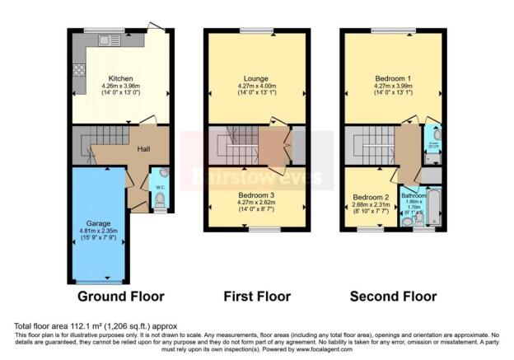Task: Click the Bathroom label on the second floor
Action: click(x=414, y=196)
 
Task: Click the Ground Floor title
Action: click(x=120, y=296)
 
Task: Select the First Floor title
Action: click(x=257, y=296)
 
